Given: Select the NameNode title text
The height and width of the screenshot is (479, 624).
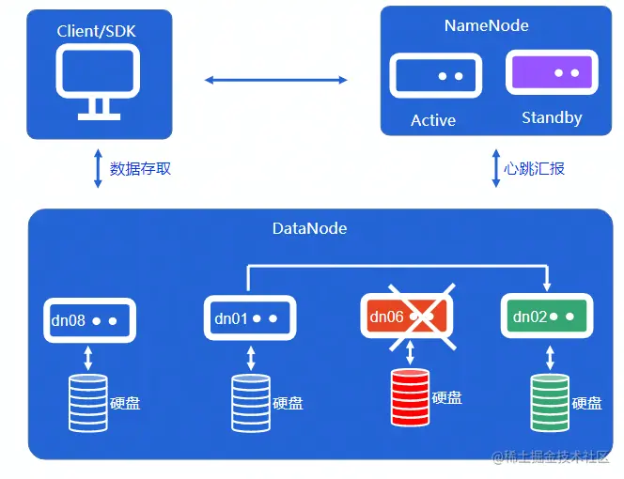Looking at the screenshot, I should [486, 26].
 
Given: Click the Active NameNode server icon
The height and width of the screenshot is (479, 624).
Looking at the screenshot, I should [433, 75].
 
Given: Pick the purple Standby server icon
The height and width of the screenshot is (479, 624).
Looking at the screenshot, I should [552, 72].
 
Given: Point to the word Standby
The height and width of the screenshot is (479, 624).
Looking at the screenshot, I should [552, 118].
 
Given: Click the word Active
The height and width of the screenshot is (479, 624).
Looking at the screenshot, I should [433, 120].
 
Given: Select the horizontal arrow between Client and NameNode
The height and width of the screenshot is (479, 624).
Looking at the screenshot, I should [276, 81].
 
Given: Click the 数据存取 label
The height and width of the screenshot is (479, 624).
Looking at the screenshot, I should [141, 169].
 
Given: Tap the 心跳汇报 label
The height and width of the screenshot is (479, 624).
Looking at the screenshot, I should [534, 169].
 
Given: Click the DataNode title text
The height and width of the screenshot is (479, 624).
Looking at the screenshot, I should [309, 228].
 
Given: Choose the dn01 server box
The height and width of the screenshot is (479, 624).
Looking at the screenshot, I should [249, 318].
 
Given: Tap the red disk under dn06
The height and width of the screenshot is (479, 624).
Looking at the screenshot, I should [410, 398].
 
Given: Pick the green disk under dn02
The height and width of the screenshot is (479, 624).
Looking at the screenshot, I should [549, 402].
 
